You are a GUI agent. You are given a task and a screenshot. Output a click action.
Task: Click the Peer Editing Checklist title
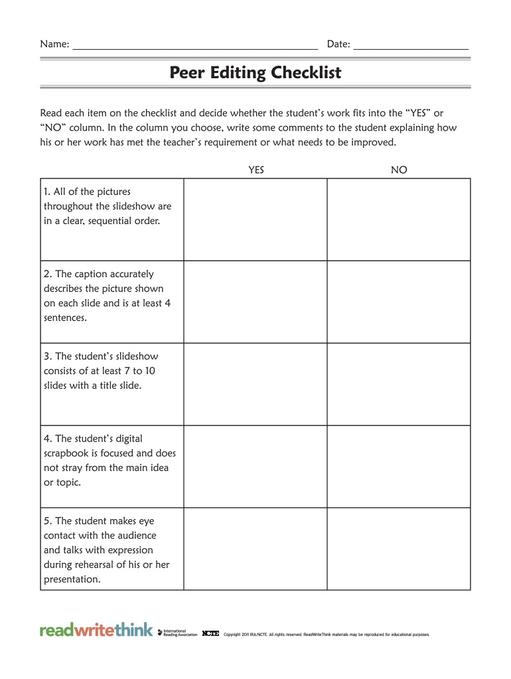coord(256,72)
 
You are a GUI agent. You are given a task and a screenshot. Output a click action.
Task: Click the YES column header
coord(256,170)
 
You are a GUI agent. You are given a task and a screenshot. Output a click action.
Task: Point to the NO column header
coord(399,170)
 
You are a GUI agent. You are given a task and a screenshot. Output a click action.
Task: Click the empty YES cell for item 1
coord(256,219)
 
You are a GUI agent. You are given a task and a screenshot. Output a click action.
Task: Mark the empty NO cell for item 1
coord(399,219)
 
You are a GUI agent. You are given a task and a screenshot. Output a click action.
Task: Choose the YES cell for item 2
coord(256,302)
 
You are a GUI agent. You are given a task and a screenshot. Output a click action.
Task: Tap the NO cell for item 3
coord(399,384)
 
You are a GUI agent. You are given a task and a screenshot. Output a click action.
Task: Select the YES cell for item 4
coord(256,466)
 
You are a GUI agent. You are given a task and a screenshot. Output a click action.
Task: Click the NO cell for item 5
coord(399,549)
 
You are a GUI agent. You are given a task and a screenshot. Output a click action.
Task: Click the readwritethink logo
coord(96,630)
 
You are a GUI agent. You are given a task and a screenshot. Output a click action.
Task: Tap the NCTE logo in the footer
coord(210,633)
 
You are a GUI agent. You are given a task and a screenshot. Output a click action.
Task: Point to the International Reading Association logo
coord(179,633)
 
